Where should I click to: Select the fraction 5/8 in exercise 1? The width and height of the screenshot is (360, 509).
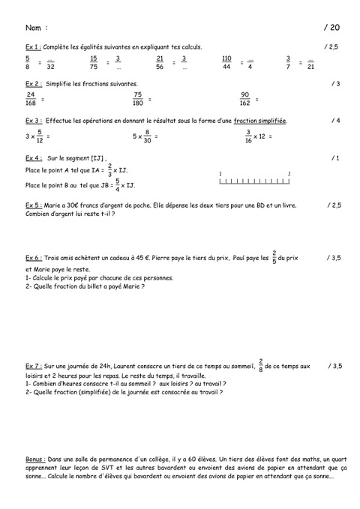point(28,61)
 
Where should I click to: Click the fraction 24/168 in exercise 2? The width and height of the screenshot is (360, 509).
point(31,99)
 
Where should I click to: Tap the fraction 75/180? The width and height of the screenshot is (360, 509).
point(138,99)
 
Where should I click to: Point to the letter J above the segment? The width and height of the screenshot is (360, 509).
point(289,172)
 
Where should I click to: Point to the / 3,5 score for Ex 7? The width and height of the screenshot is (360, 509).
point(334,366)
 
